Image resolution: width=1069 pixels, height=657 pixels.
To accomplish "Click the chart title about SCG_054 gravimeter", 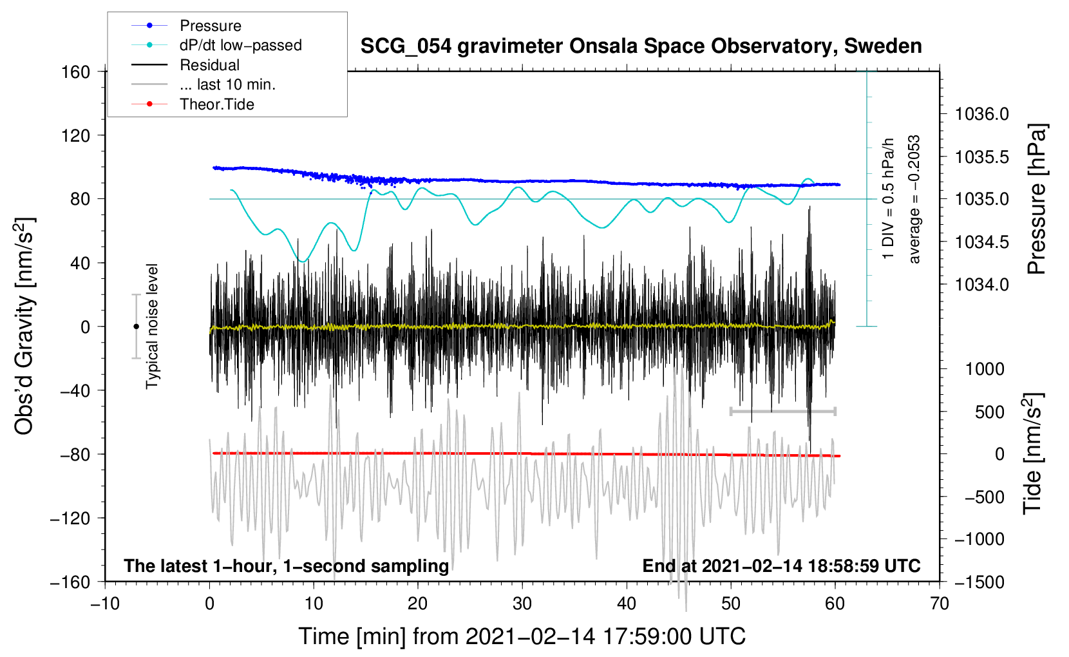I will [641, 46].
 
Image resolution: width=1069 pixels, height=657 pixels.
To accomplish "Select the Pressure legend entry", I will [210, 26].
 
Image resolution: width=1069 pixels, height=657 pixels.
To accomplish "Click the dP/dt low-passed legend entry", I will [240, 45].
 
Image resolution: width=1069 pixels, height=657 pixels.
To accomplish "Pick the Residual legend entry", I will [209, 65].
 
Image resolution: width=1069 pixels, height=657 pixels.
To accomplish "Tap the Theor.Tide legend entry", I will [216, 104].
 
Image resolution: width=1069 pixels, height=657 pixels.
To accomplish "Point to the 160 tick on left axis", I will [76, 71].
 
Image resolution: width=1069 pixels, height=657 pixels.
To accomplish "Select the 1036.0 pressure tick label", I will [981, 114].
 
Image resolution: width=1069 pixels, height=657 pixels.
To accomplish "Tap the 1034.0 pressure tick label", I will [981, 284].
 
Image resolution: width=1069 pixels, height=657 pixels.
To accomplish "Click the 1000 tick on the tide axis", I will [985, 369].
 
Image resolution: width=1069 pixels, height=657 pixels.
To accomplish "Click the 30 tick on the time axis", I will [522, 604].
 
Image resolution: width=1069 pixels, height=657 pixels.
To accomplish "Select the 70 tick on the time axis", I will [940, 604].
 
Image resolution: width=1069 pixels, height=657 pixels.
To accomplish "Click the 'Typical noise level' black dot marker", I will [136, 327].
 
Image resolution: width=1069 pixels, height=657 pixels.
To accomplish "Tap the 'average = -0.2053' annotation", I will [914, 200].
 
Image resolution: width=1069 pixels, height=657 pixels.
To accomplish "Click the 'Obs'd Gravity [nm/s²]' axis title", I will [24, 326].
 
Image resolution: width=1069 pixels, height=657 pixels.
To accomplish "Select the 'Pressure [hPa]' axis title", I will [1036, 200].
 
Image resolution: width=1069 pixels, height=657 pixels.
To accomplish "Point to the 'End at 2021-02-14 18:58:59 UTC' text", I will [781, 566].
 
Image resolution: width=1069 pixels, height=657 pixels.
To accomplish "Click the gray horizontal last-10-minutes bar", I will [782, 411].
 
